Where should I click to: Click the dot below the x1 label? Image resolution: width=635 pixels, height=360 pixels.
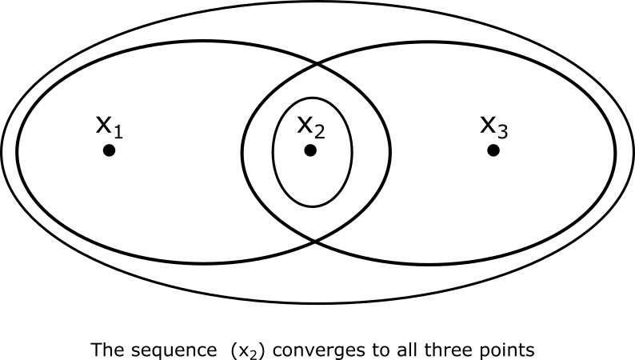click(110, 150)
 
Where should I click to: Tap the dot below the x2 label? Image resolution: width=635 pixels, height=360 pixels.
click(310, 150)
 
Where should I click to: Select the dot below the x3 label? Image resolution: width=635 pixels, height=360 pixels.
click(493, 150)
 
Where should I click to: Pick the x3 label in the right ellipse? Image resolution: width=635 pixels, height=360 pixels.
click(493, 126)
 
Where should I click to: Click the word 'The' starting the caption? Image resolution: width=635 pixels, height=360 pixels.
click(105, 350)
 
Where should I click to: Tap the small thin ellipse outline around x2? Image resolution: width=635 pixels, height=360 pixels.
click(274, 152)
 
